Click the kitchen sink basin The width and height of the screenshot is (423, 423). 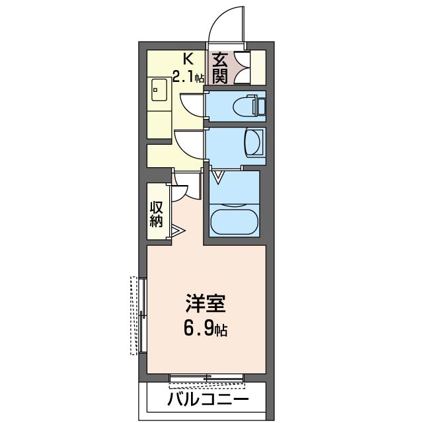pyautogui.click(x=159, y=90)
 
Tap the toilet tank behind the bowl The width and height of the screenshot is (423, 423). pyautogui.click(x=260, y=105)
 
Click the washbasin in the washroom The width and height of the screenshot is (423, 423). pyautogui.click(x=252, y=142)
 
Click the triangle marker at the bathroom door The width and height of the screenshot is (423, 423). pyautogui.click(x=218, y=176)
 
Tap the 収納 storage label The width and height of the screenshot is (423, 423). pyautogui.click(x=156, y=213)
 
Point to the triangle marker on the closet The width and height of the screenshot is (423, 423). pyautogui.click(x=178, y=231)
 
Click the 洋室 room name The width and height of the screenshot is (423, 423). pyautogui.click(x=206, y=305)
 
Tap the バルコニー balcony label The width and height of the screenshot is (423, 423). pyautogui.click(x=208, y=400)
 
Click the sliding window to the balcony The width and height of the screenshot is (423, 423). pyautogui.click(x=207, y=379)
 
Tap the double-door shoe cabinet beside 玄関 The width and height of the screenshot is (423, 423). pyautogui.click(x=241, y=67)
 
